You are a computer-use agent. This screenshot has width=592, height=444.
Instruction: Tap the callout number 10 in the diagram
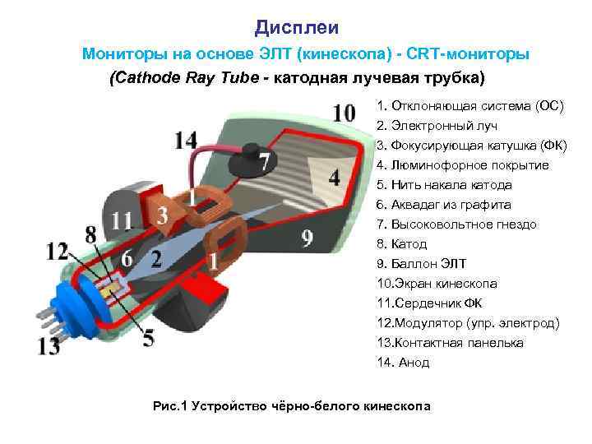pyautogui.click(x=345, y=113)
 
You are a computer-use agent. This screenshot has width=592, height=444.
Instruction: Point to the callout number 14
pyautogui.click(x=186, y=141)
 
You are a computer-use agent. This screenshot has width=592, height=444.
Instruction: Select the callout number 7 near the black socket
pyautogui.click(x=264, y=162)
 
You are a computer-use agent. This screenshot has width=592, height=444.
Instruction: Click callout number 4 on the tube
pyautogui.click(x=333, y=177)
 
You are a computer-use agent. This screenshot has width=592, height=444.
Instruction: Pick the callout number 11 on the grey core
pyautogui.click(x=123, y=220)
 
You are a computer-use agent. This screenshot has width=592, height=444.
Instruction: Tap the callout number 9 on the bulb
pyautogui.click(x=307, y=238)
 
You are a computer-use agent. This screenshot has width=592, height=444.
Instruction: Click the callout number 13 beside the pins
pyautogui.click(x=48, y=346)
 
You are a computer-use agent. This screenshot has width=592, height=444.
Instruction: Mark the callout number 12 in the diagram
pyautogui.click(x=58, y=251)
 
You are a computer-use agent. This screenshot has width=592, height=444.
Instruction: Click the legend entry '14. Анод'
pyautogui.click(x=403, y=363)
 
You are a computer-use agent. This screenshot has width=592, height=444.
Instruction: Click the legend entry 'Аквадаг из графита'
pyautogui.click(x=443, y=205)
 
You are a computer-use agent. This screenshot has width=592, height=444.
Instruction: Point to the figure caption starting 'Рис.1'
pyautogui.click(x=293, y=406)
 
